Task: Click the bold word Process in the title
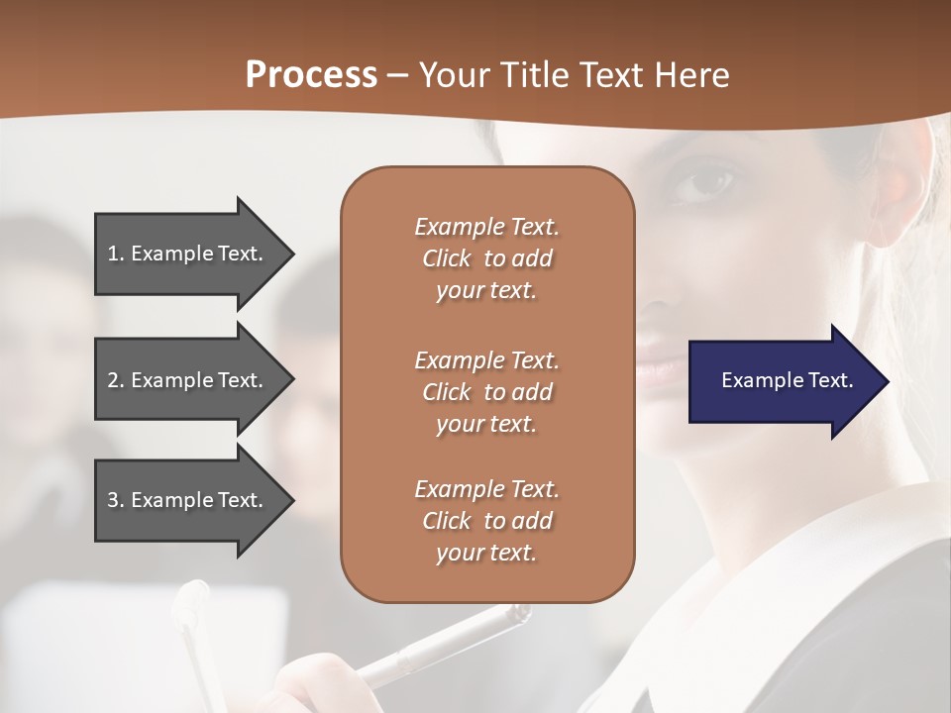[311, 75]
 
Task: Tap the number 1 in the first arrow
[113, 254]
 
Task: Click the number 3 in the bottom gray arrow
[113, 500]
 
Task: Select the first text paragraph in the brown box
[486, 258]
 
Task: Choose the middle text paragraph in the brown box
[486, 391]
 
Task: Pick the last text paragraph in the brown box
[486, 521]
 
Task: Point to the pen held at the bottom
[446, 644]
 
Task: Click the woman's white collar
[792, 555]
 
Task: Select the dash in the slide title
[397, 76]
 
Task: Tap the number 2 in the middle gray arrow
[113, 380]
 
